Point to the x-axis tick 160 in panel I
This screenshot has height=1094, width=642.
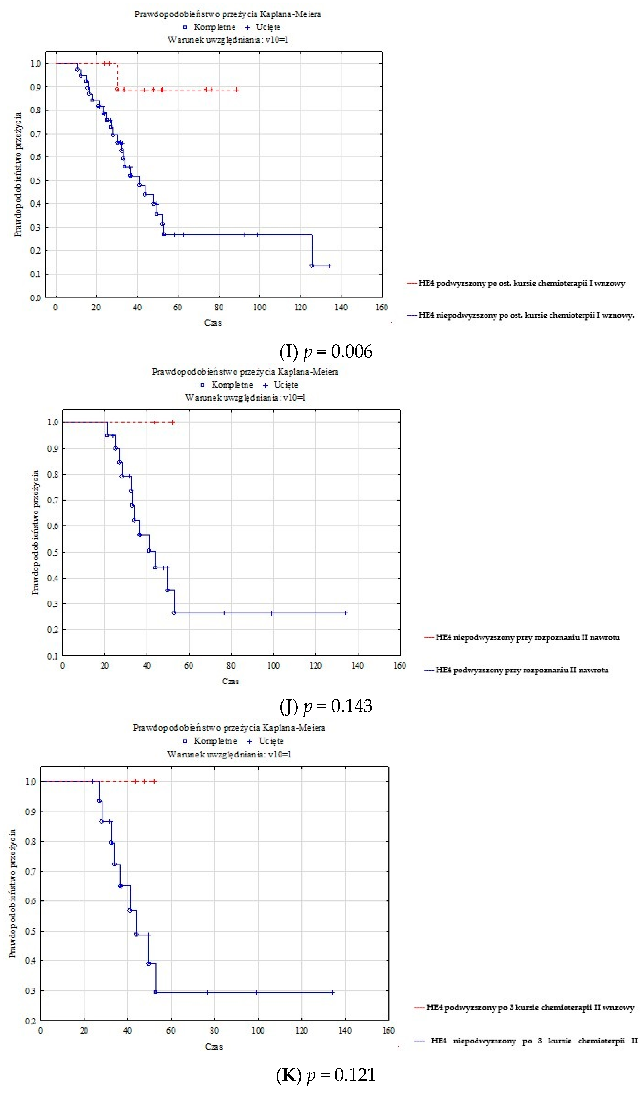382,307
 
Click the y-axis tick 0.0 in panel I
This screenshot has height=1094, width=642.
36,298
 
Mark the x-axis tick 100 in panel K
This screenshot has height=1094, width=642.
258,1031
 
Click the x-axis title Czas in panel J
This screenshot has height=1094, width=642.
231,681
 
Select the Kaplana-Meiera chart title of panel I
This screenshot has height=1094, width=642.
227,14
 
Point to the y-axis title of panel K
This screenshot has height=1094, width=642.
13,894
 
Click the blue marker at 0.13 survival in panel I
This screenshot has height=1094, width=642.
312,266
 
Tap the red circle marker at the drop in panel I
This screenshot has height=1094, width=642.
117,89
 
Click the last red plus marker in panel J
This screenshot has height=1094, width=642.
173,422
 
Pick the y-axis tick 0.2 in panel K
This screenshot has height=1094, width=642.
30,1021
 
